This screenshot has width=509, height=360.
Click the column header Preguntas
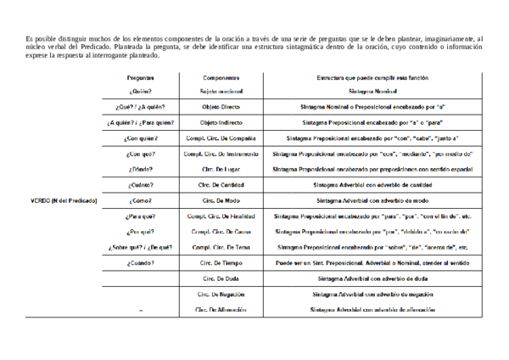pyautogui.click(x=141, y=77)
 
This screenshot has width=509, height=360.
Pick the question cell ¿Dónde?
pyautogui.click(x=141, y=169)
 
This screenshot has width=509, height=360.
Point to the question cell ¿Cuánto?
pyautogui.click(x=141, y=184)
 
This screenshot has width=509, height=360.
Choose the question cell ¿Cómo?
pyautogui.click(x=141, y=200)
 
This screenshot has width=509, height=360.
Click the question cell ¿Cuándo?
pyautogui.click(x=141, y=263)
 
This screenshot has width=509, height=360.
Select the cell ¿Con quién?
pyautogui.click(x=141, y=137)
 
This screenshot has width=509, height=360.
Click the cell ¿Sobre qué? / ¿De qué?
pyautogui.click(x=141, y=247)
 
